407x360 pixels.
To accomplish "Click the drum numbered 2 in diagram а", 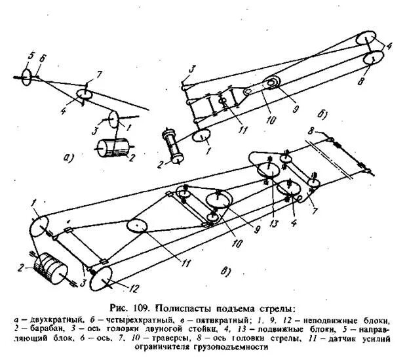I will [111, 149].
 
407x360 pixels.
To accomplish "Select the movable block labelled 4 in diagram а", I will [85, 96].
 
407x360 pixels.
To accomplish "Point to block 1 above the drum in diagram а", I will [113, 120].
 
